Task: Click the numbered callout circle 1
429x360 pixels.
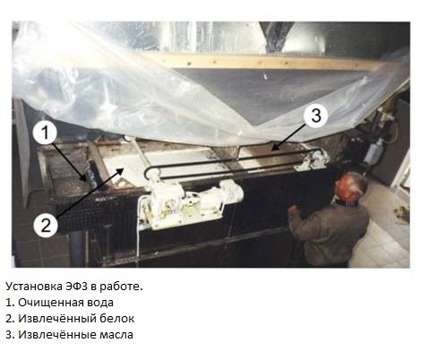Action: pyautogui.click(x=45, y=133)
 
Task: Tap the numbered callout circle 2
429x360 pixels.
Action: pyautogui.click(x=46, y=225)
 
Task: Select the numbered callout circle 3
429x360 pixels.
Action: pyautogui.click(x=316, y=116)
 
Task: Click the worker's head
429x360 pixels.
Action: pyautogui.click(x=351, y=189)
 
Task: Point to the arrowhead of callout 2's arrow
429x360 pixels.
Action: pyautogui.click(x=121, y=170)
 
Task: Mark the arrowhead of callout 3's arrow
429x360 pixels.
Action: pyautogui.click(x=275, y=148)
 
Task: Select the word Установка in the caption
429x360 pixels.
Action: pyautogui.click(x=34, y=287)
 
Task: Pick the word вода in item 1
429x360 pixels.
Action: pyautogui.click(x=100, y=303)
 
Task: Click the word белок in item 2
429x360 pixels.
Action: pyautogui.click(x=116, y=319)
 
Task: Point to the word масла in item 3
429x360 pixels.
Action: pyautogui.click(x=116, y=335)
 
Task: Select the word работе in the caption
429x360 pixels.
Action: pyautogui.click(x=121, y=287)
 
